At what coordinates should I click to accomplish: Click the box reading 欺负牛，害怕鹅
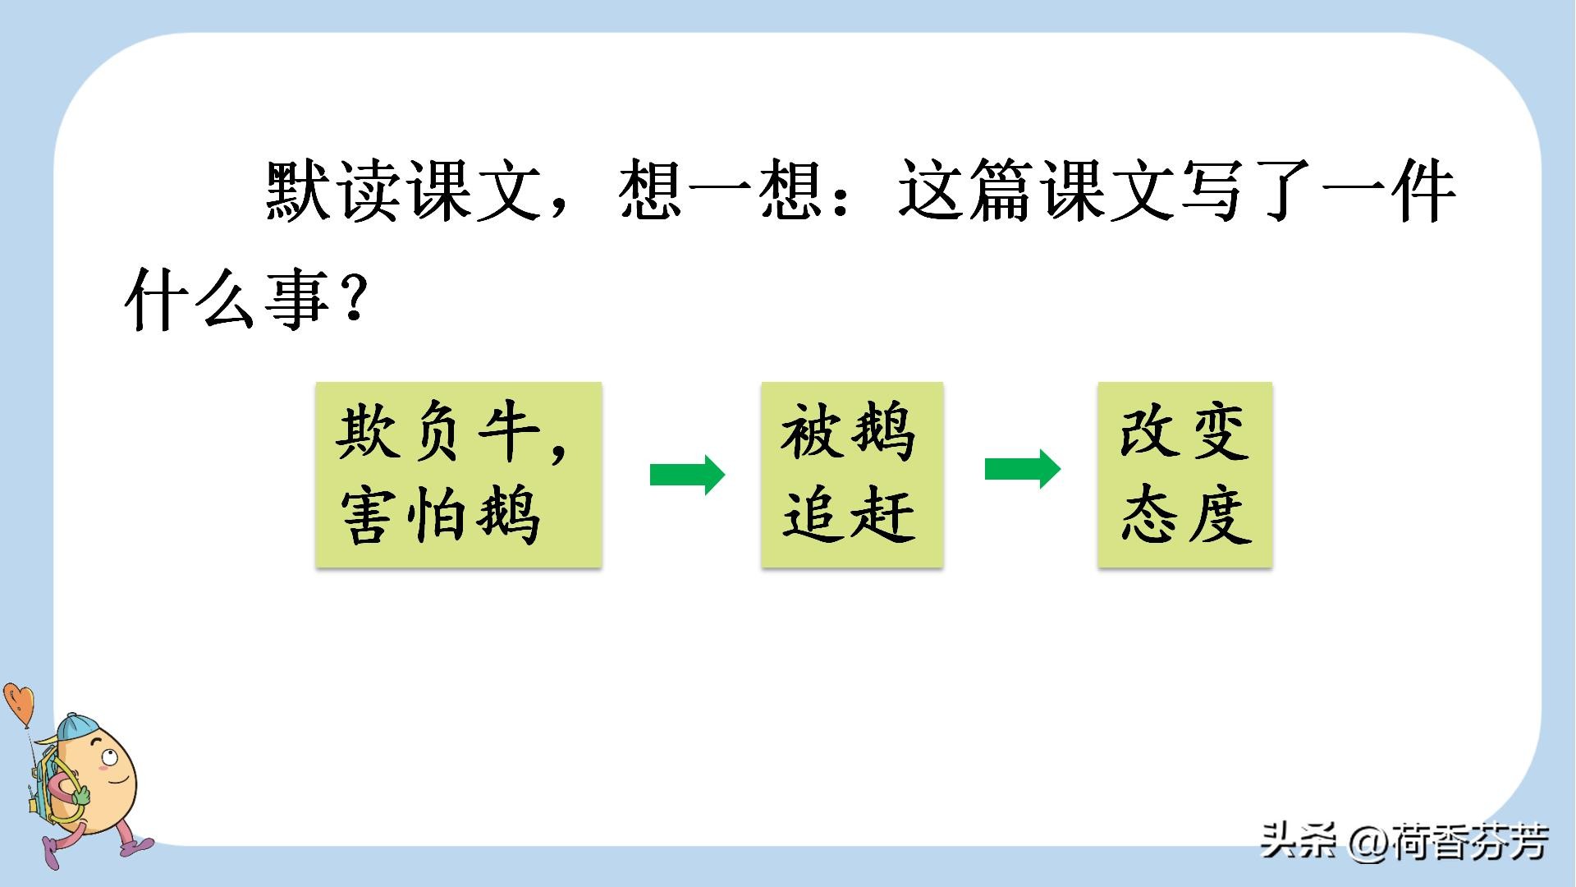coord(459,474)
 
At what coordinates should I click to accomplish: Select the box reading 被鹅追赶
coord(852,474)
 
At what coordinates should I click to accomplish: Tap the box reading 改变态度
coord(1185,474)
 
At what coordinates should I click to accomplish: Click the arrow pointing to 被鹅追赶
coord(688,475)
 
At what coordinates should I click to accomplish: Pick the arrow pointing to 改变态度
coord(1023,469)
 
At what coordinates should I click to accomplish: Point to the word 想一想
coord(721,192)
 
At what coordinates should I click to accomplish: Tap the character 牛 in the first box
coord(509,433)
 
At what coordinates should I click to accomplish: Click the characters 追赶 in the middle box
coord(850,516)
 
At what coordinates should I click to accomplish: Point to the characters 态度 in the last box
coord(1187,516)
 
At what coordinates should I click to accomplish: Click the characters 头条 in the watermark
coord(1299,842)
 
